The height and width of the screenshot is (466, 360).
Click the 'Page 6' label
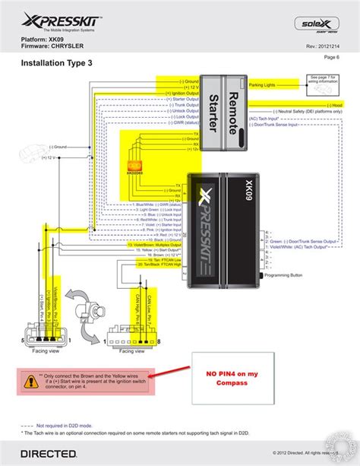[331, 56]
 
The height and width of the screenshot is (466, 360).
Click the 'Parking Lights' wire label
[264, 85]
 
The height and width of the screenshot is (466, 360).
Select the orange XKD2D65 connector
[135, 165]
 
